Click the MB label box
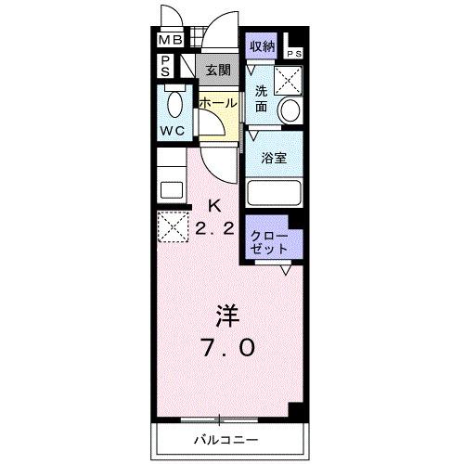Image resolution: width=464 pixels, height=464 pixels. [x=169, y=42]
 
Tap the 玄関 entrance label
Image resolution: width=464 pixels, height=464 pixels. [x=218, y=69]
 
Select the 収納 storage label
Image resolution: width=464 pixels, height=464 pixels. [x=261, y=45]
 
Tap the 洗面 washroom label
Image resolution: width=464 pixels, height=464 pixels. [x=262, y=98]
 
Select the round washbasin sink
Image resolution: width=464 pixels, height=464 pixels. [x=290, y=110]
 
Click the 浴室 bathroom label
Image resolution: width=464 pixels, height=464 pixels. [x=273, y=157]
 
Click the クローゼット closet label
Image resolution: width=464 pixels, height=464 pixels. [x=267, y=243]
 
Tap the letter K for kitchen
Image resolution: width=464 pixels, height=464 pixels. [x=214, y=206]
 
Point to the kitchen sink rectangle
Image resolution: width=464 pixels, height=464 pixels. [x=172, y=190]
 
